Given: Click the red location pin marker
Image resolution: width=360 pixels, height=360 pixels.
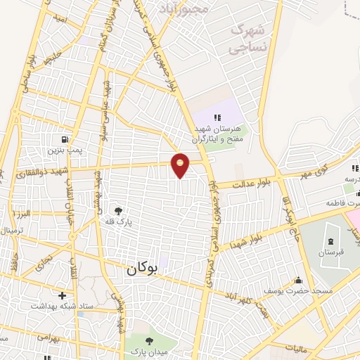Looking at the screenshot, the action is [x=181, y=165].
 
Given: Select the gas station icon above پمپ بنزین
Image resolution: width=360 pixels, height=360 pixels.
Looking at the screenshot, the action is [x=66, y=139].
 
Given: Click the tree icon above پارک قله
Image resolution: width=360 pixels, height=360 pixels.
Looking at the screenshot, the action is [x=117, y=210].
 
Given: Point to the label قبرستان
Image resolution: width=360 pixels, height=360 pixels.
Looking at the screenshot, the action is [x=330, y=252].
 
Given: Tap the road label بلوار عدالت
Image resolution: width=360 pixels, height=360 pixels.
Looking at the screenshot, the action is [x=243, y=183].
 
